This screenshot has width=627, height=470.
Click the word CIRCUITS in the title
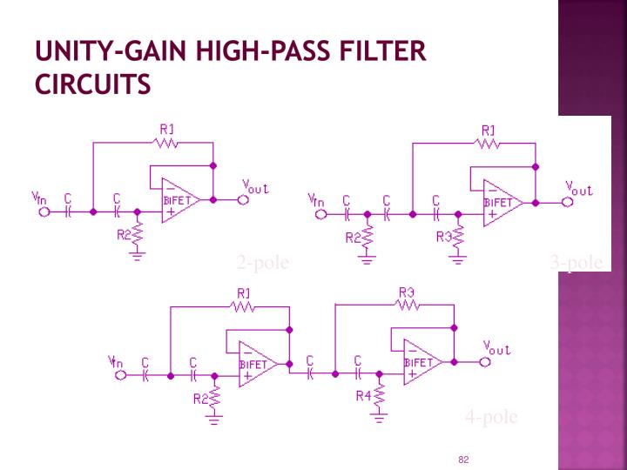[x=92, y=85]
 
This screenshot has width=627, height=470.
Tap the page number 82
[x=463, y=459]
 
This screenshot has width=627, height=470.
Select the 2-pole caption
[x=262, y=263]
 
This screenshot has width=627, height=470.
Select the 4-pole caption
[x=491, y=418]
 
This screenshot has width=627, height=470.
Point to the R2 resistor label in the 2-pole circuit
[x=123, y=233]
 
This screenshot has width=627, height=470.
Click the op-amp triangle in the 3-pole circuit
[x=502, y=202]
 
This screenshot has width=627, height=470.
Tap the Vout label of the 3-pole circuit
[x=579, y=188]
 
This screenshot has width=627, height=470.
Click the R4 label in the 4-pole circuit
[x=364, y=396]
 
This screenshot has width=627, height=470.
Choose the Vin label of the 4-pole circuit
[x=114, y=361]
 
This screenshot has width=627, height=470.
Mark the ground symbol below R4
[x=379, y=418]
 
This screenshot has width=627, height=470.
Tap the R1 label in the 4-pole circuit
[x=244, y=292]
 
